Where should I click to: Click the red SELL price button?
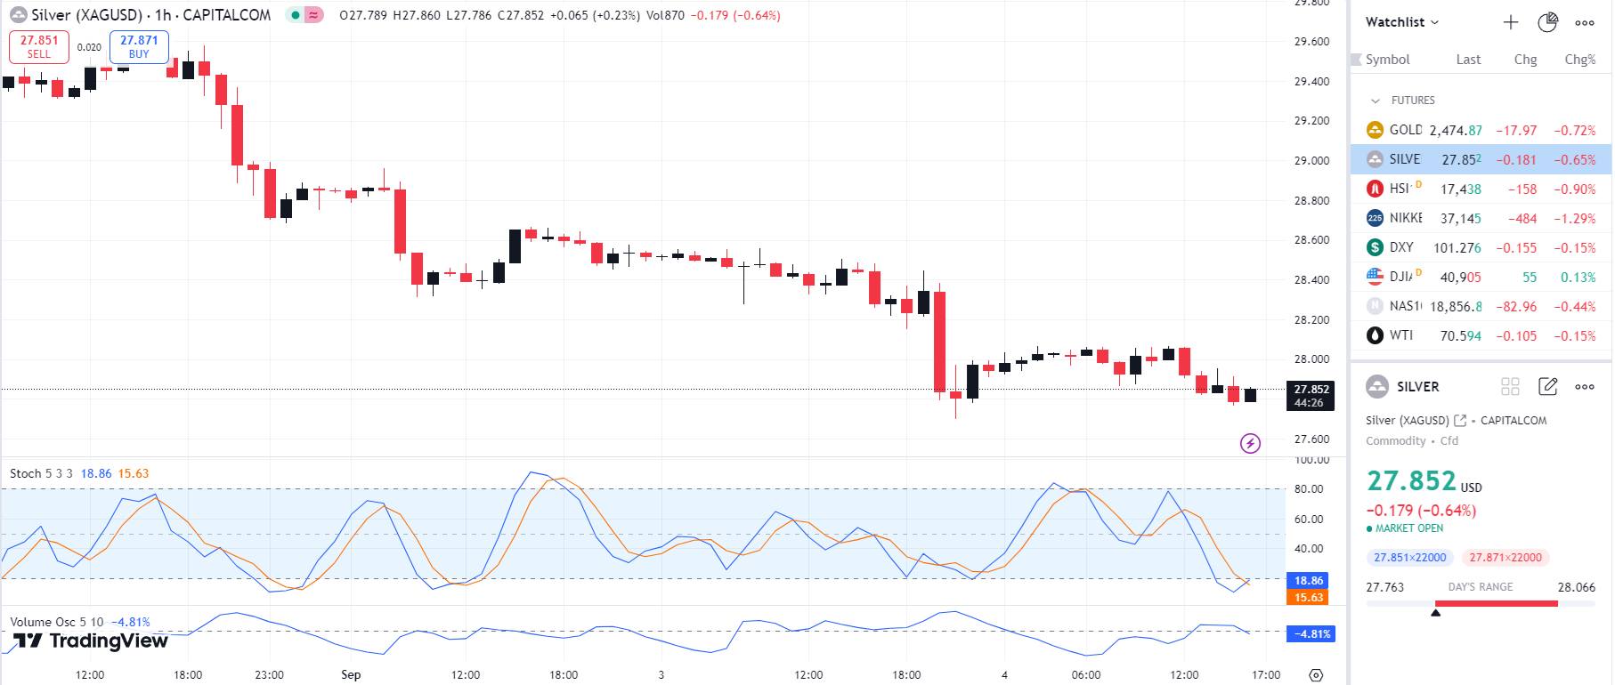tap(39, 47)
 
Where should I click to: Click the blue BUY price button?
tap(139, 47)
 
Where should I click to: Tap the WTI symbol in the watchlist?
tap(1400, 335)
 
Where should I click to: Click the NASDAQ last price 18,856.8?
tap(1456, 307)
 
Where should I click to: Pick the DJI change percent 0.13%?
tap(1578, 278)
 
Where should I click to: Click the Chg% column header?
tap(1579, 60)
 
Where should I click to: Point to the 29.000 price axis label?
tap(1311, 161)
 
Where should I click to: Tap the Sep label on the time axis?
tap(351, 674)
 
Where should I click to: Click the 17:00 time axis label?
tap(1265, 674)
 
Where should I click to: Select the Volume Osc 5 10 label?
tap(56, 622)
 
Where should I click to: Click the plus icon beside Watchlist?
tap(1511, 22)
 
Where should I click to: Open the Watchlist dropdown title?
tap(1401, 22)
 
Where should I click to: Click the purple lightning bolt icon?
tap(1250, 443)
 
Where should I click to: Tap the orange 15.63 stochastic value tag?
tap(1308, 597)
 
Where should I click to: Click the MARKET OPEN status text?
tap(1408, 528)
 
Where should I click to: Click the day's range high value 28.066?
tap(1576, 587)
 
